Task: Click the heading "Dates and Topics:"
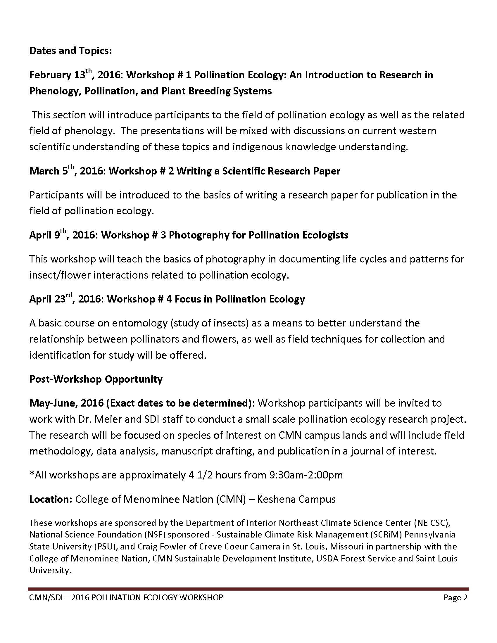71,51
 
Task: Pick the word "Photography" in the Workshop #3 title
194,235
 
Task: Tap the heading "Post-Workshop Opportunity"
96,379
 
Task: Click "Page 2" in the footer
455,597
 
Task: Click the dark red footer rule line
248,590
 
